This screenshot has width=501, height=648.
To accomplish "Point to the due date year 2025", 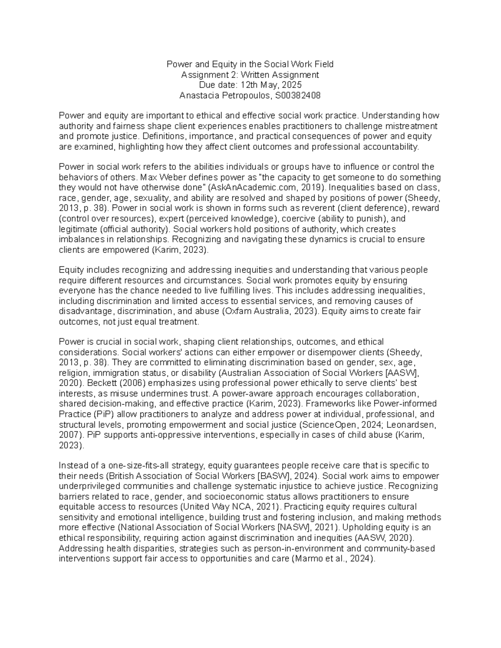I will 292,85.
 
